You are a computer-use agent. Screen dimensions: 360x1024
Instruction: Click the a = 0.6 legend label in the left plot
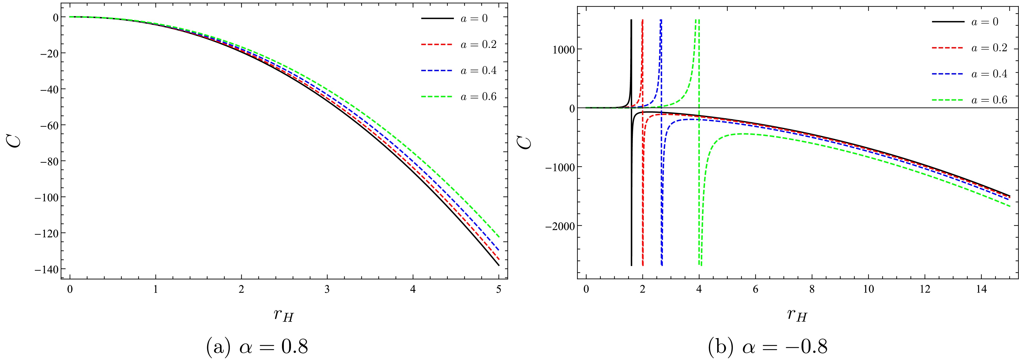(478, 97)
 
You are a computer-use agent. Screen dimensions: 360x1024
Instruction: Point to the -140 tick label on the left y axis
(46, 269)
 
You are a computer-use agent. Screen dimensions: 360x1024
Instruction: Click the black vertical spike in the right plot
(631, 159)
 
